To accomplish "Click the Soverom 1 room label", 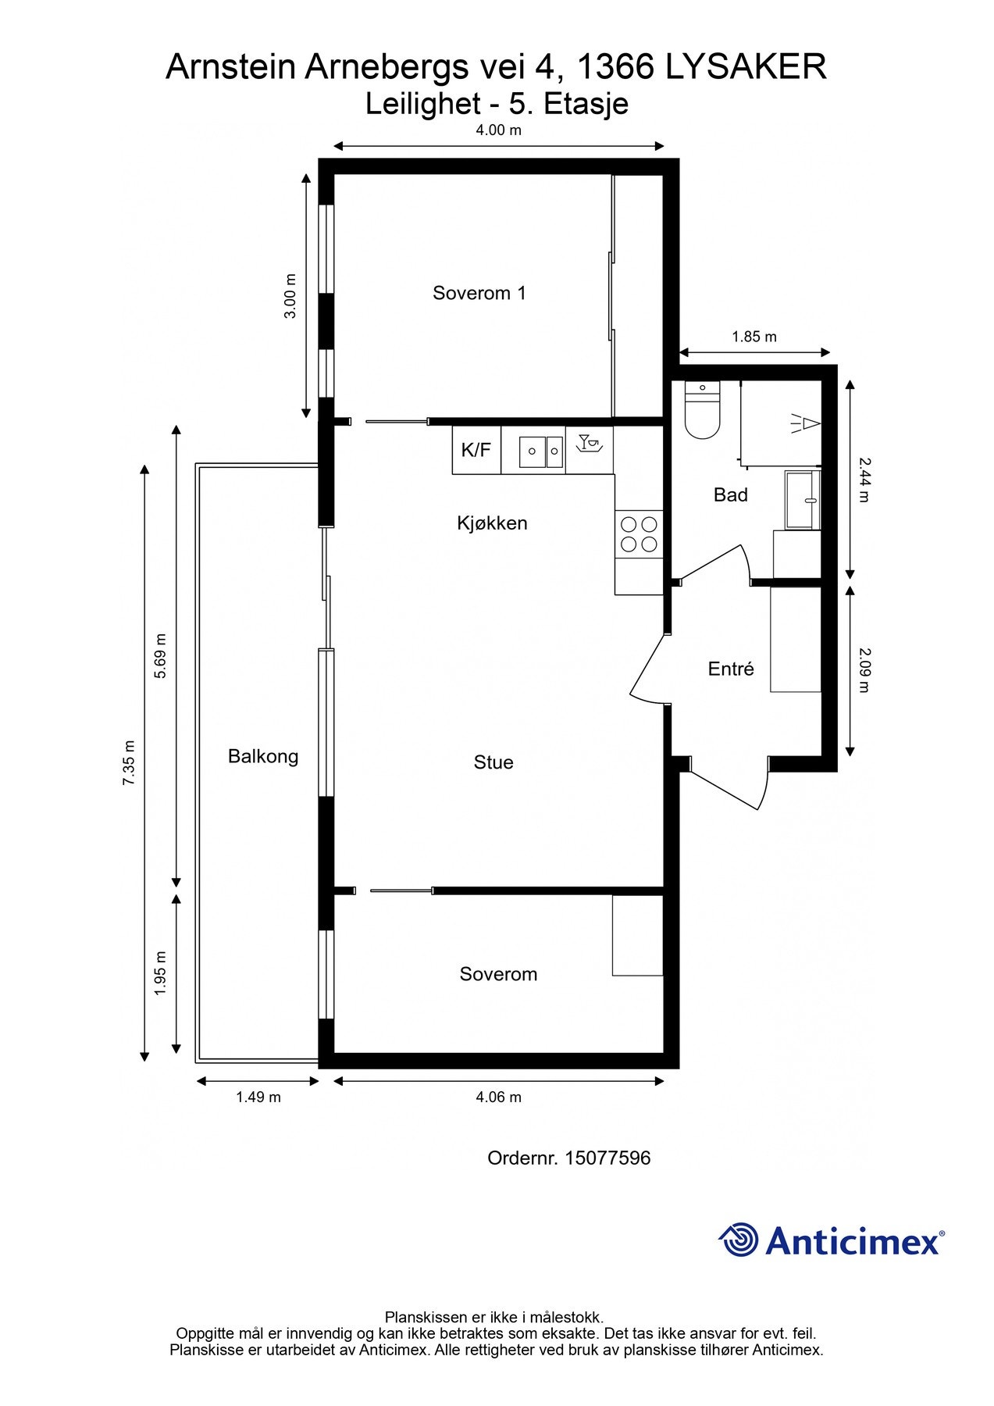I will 479,293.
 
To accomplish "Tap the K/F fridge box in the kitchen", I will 476,450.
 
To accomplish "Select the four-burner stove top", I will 638,534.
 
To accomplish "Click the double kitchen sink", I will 542,451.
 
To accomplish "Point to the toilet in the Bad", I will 701,410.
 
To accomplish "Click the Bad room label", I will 730,494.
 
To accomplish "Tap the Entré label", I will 730,669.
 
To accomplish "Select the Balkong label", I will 263,756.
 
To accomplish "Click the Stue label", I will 493,762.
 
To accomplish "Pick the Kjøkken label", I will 492,523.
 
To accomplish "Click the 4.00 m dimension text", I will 498,130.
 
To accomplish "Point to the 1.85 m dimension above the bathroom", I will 754,337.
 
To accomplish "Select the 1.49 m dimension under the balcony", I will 258,1097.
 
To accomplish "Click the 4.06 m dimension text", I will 498,1097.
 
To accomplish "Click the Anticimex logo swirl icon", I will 738,1240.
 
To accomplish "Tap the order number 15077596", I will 607,1158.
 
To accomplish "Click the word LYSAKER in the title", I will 746,67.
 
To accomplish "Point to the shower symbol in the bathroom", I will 803,423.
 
